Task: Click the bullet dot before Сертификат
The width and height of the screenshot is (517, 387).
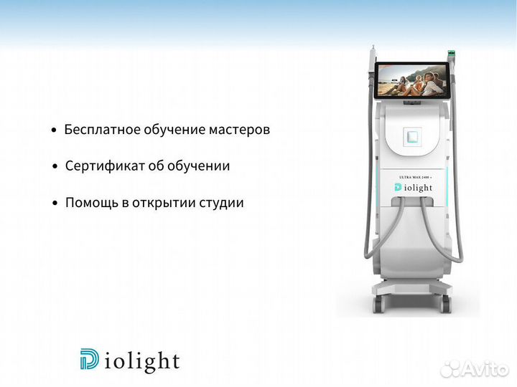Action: click(55, 167)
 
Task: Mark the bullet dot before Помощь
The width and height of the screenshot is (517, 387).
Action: click(55, 204)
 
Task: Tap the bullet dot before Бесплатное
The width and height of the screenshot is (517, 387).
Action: click(55, 131)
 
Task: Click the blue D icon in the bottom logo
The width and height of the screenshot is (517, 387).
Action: click(90, 359)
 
